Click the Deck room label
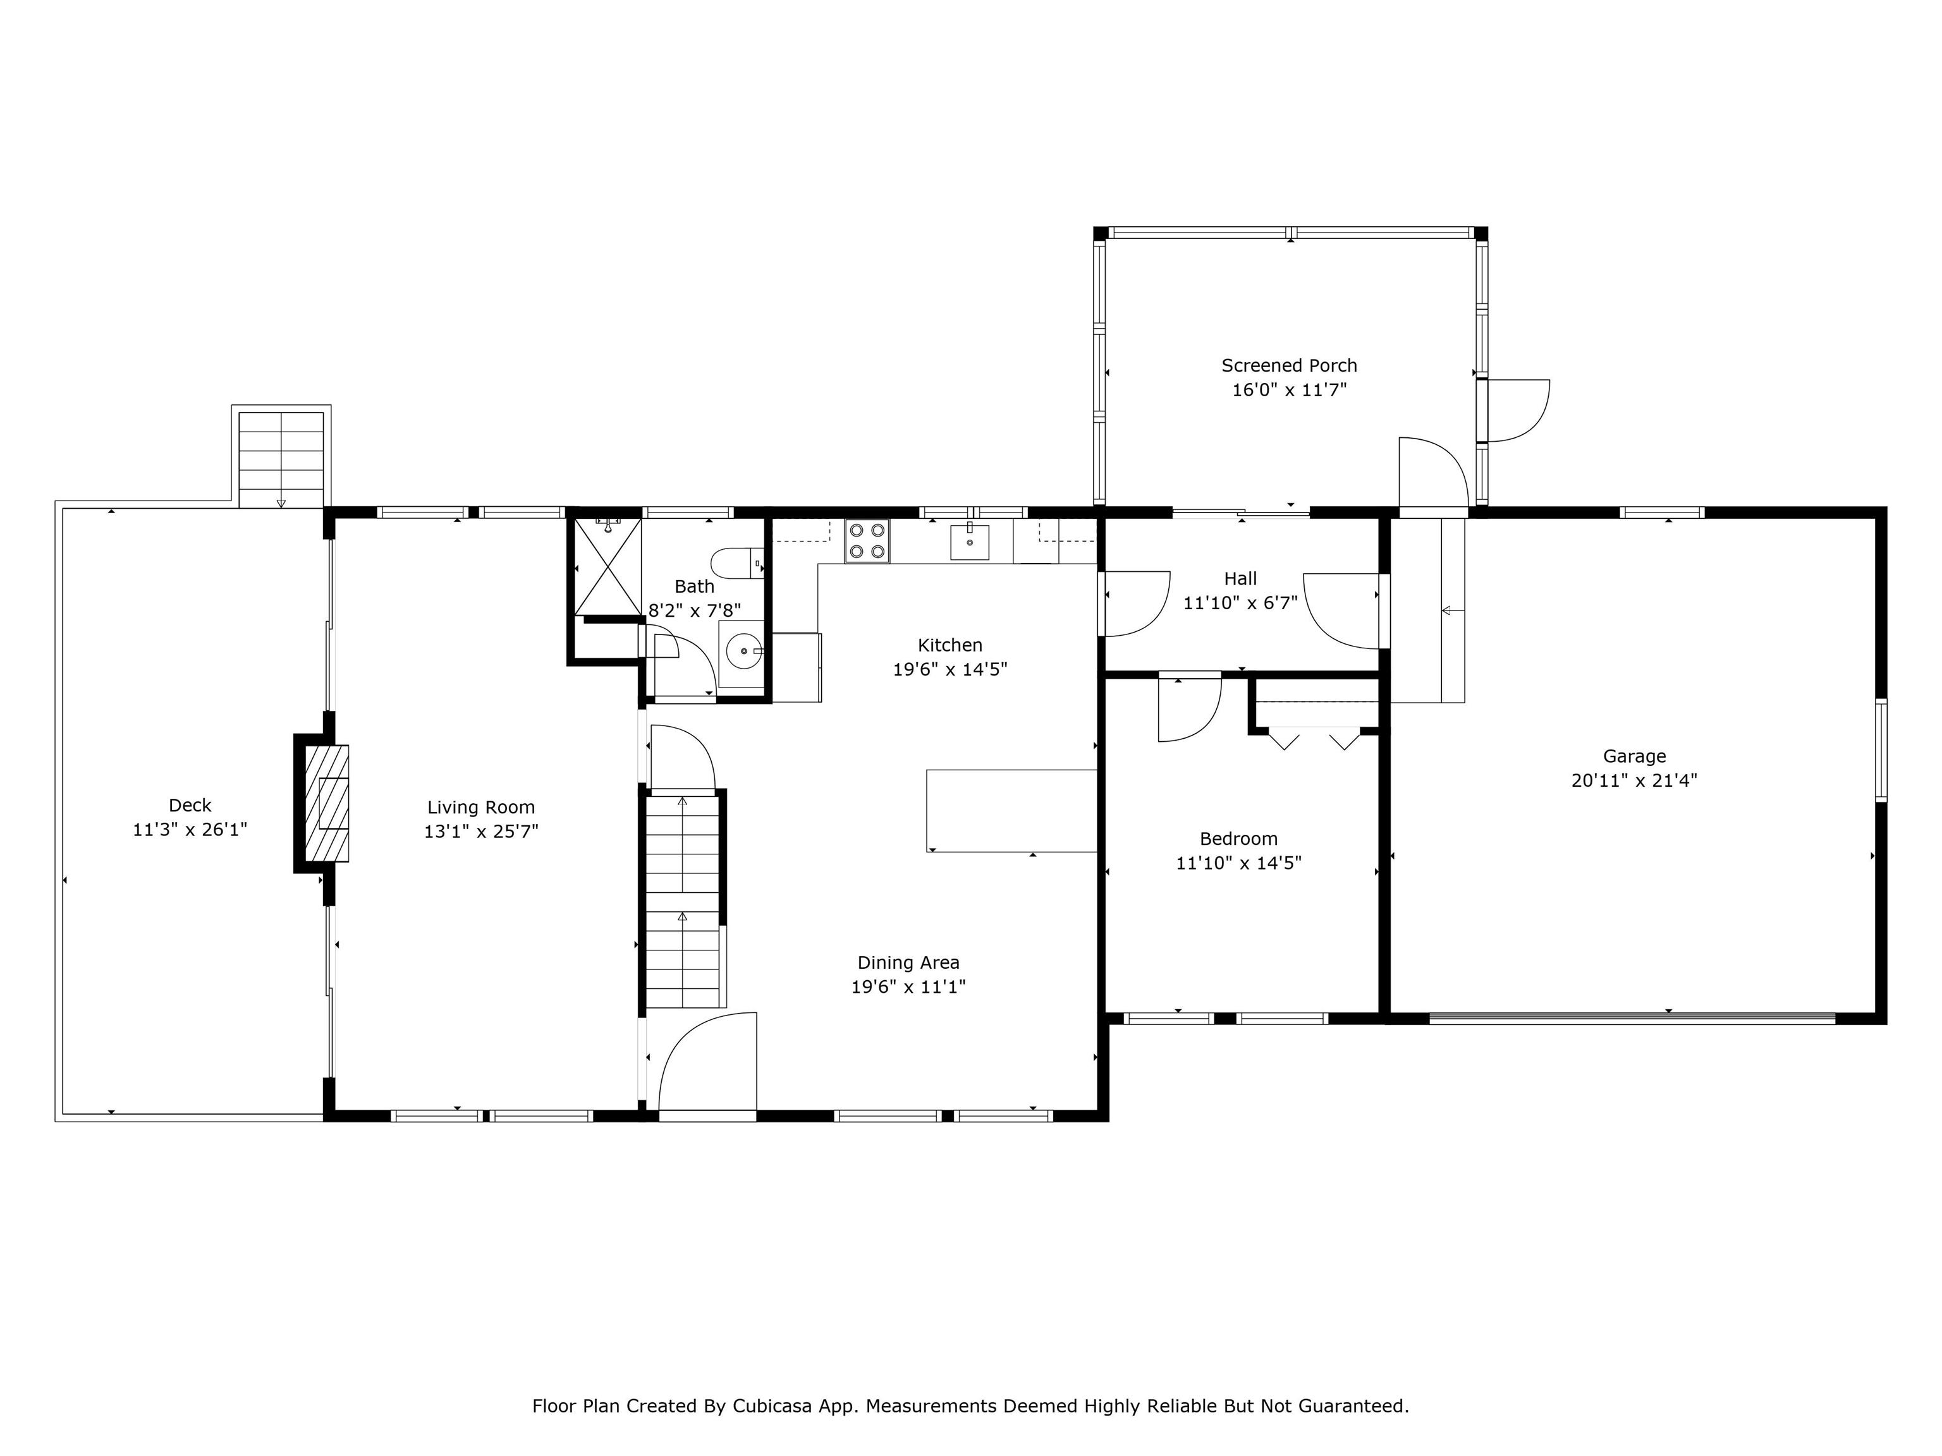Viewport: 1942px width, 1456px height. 190,805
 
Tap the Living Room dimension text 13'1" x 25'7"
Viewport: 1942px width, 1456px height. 481,831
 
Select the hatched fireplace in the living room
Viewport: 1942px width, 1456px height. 326,803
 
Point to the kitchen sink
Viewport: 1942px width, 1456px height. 969,542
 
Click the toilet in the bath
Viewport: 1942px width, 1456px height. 736,562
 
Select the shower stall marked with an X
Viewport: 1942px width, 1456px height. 608,566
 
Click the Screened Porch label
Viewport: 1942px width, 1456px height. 1289,365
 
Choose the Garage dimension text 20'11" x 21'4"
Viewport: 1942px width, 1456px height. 1634,780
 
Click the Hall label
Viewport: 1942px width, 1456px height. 1240,578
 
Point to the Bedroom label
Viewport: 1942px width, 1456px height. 1239,838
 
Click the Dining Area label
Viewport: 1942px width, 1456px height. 908,963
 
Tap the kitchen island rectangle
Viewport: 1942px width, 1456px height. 1012,810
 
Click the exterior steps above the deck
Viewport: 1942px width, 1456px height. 281,459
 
